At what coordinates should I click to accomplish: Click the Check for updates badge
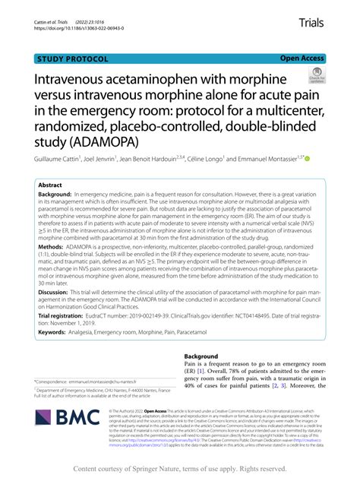click(314, 77)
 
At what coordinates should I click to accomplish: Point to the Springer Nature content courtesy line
click(180, 470)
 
